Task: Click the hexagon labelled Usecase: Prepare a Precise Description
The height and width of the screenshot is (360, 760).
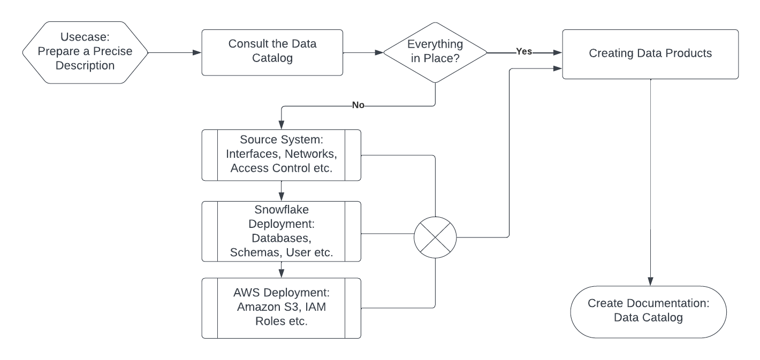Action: click(x=85, y=52)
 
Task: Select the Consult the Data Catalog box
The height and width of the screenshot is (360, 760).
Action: click(x=272, y=52)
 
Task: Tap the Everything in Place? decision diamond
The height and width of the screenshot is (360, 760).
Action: click(x=435, y=52)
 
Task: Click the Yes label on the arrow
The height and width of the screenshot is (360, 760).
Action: click(x=523, y=52)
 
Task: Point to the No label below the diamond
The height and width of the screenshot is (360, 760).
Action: click(x=358, y=106)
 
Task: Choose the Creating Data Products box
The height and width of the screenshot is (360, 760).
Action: click(x=650, y=53)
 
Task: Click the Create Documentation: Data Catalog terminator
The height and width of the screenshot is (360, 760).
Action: click(x=648, y=311)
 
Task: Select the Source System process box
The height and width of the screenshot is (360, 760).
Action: click(x=282, y=155)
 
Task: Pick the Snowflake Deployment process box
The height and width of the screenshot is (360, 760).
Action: click(x=282, y=231)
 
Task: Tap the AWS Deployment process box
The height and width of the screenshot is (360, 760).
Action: click(x=282, y=308)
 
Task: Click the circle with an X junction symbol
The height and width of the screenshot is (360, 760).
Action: click(x=435, y=236)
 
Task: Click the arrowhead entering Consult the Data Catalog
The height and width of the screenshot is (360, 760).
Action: click(x=198, y=52)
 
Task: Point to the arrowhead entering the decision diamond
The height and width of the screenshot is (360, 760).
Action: click(x=380, y=52)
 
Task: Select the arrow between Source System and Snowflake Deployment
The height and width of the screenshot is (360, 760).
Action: click(x=282, y=190)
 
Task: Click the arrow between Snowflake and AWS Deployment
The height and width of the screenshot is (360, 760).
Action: click(x=282, y=270)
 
